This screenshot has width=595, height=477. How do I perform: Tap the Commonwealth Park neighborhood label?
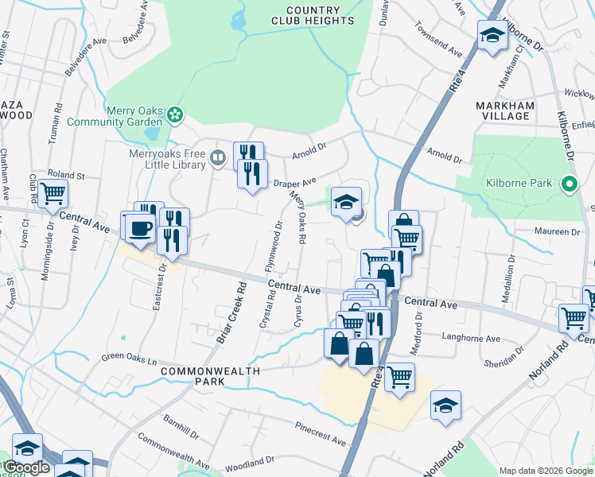coord(204,376)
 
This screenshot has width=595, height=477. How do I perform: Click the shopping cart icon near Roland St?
coord(52,192)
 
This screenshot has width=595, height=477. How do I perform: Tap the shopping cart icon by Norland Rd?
coord(574,318)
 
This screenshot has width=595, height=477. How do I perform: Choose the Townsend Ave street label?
coord(437,44)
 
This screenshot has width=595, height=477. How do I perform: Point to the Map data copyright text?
coord(545,471)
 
